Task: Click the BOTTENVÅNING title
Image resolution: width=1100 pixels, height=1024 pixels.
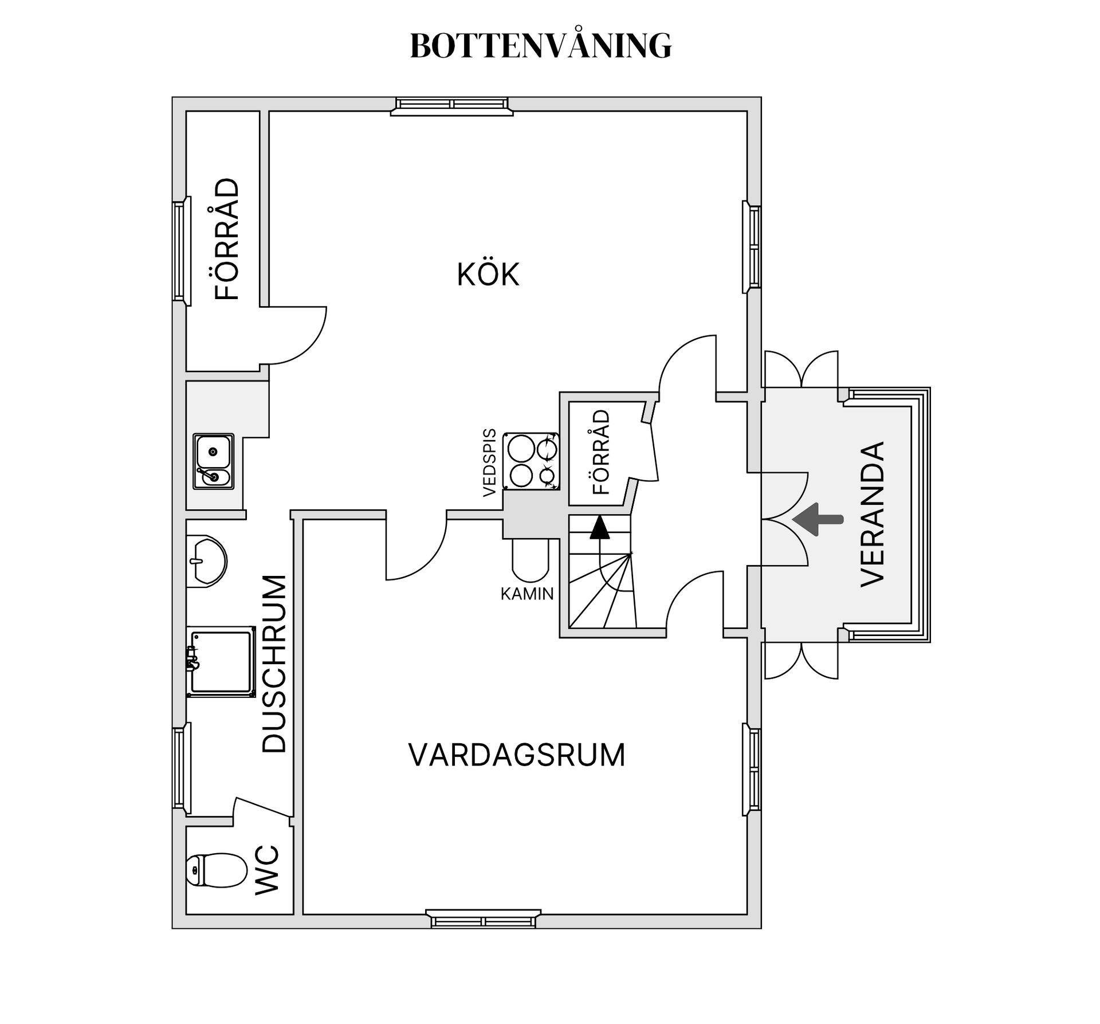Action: click(x=541, y=45)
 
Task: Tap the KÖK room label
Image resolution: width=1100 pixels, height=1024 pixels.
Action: click(x=488, y=274)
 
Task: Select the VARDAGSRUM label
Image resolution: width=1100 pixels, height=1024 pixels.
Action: click(x=517, y=755)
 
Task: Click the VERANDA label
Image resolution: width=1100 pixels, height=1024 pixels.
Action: click(x=873, y=514)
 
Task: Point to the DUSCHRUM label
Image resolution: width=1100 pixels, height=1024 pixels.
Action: click(x=274, y=663)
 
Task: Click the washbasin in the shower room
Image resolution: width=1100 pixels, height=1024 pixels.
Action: click(x=207, y=562)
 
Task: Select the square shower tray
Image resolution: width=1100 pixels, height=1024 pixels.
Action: click(x=221, y=661)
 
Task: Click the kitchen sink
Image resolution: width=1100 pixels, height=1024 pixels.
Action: click(x=213, y=461)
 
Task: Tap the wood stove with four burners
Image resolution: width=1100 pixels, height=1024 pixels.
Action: click(x=531, y=461)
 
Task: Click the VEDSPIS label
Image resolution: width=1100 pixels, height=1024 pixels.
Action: click(x=489, y=462)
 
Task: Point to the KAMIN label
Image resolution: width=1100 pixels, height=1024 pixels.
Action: click(x=527, y=594)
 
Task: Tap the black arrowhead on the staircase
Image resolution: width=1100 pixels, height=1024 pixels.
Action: click(x=599, y=527)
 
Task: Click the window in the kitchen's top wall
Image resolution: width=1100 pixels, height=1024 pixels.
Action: click(x=452, y=106)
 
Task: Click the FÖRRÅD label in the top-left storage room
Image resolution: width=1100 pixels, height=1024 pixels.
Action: click(x=227, y=239)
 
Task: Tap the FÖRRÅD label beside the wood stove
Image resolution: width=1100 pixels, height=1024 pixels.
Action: click(x=601, y=452)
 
